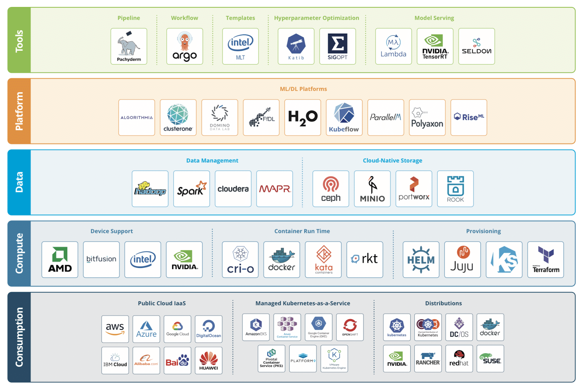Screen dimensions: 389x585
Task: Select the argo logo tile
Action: click(185, 46)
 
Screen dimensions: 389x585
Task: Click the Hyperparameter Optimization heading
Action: click(316, 18)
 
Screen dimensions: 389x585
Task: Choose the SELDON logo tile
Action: click(476, 46)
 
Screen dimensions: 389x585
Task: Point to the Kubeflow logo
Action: click(344, 117)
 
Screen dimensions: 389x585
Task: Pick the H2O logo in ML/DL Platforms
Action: click(303, 117)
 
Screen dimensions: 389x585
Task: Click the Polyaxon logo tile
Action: click(427, 117)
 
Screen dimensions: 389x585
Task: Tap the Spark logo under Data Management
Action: click(192, 189)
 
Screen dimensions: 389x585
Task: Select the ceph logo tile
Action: click(331, 189)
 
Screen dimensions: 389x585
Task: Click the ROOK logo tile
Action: click(455, 189)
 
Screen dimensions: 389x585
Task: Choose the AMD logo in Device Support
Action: click(60, 260)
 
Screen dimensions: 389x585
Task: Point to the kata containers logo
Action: click(324, 260)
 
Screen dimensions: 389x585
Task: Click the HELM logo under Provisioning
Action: click(421, 260)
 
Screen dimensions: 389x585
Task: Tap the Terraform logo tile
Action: click(546, 260)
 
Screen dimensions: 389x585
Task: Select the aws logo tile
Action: click(115, 329)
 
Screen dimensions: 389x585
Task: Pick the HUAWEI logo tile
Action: click(209, 360)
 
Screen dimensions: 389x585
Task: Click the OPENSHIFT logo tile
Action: click(350, 327)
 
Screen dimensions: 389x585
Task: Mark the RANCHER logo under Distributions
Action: click(428, 359)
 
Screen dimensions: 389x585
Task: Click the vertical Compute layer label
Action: click(19, 253)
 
